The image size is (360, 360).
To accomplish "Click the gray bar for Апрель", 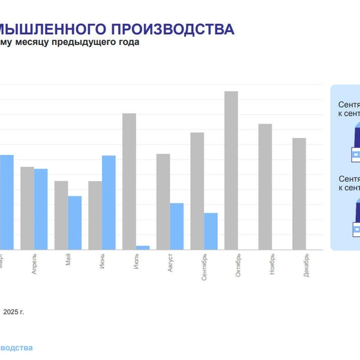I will [27, 208].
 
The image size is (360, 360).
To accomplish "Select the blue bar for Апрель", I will [41, 209].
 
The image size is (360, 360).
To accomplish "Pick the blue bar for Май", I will [74, 223].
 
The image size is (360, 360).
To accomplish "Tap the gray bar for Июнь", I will [95, 215].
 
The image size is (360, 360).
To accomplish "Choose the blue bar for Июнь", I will [109, 202].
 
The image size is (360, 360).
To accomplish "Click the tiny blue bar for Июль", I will [143, 247].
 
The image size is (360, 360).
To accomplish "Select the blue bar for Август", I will [176, 226].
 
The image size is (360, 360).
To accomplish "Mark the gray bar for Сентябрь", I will [197, 191].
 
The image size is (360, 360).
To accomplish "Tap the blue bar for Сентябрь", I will [211, 231].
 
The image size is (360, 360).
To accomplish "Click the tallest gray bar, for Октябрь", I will [231, 170].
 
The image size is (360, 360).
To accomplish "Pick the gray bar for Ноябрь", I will [265, 187].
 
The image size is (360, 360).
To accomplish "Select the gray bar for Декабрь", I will [299, 194].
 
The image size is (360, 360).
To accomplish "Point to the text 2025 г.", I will [14, 312].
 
